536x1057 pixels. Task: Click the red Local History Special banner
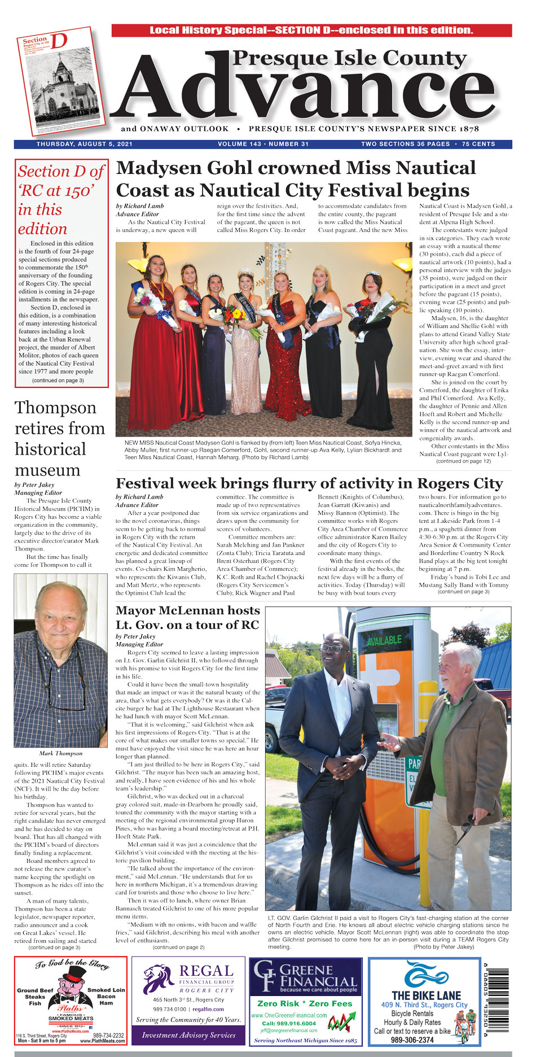(x=311, y=30)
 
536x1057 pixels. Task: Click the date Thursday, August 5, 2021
(x=85, y=144)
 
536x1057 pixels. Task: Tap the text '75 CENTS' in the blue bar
(x=478, y=144)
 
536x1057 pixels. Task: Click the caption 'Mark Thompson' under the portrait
(x=61, y=753)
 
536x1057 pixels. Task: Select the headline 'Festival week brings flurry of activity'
(x=309, y=484)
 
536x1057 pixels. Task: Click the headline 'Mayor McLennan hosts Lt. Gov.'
(x=187, y=617)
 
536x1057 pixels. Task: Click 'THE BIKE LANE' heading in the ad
(x=426, y=995)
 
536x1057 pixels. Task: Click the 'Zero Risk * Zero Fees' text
(x=305, y=1003)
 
